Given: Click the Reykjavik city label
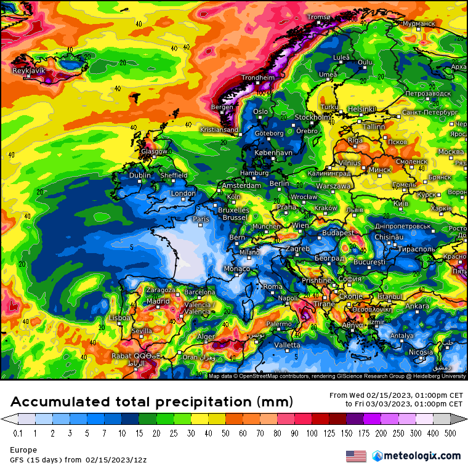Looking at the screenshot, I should [29, 71].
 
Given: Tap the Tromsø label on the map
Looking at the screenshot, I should [318, 17].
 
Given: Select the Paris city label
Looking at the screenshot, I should [201, 219].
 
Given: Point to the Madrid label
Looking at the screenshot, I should [158, 301].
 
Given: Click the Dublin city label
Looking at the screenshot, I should [140, 175].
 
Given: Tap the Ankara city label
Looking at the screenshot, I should [417, 306].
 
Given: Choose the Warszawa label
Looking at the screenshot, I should [333, 185].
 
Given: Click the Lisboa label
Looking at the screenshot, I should [119, 318].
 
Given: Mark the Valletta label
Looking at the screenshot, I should [287, 345].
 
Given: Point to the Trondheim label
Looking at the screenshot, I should [258, 78].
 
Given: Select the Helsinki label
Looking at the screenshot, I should [363, 109].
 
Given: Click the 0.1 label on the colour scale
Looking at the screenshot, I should [18, 433].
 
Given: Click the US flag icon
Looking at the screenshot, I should [356, 456].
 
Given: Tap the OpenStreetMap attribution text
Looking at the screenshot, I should [270, 376].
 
